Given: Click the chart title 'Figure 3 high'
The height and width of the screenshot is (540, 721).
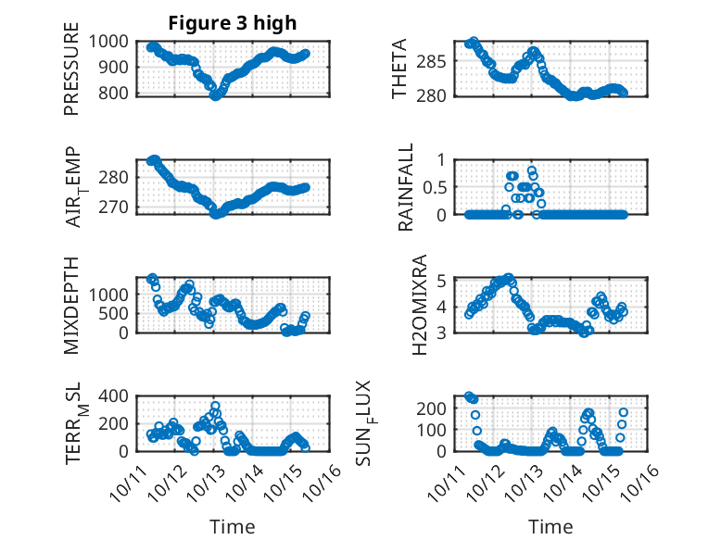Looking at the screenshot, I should click(x=232, y=23).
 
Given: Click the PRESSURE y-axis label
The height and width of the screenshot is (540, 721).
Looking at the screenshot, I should click(x=71, y=76).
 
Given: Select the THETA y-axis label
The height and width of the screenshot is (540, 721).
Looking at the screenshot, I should click(x=400, y=69).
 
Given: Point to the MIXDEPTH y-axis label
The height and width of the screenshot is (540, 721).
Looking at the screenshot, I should click(x=71, y=306).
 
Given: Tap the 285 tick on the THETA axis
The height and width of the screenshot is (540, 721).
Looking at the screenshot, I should click(x=443, y=62).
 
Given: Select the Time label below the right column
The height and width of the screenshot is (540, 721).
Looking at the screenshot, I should click(x=550, y=526).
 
